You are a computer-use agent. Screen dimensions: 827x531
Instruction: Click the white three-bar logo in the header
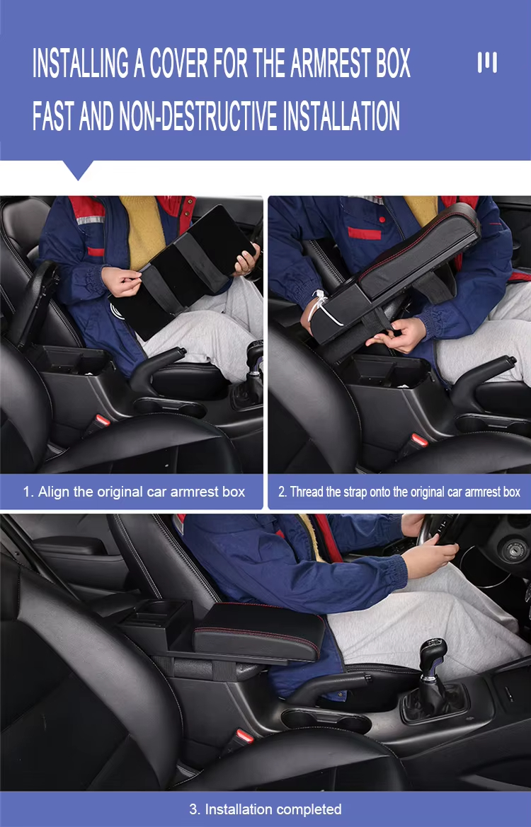pyautogui.click(x=486, y=62)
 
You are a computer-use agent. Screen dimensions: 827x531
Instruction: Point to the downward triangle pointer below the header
pyautogui.click(x=78, y=170)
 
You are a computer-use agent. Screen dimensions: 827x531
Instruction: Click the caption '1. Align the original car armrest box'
pyautogui.click(x=134, y=492)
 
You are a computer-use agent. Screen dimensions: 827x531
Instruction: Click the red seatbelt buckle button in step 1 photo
pyautogui.click(x=103, y=420)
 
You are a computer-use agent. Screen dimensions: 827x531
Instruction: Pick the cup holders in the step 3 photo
pyautogui.click(x=326, y=722)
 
